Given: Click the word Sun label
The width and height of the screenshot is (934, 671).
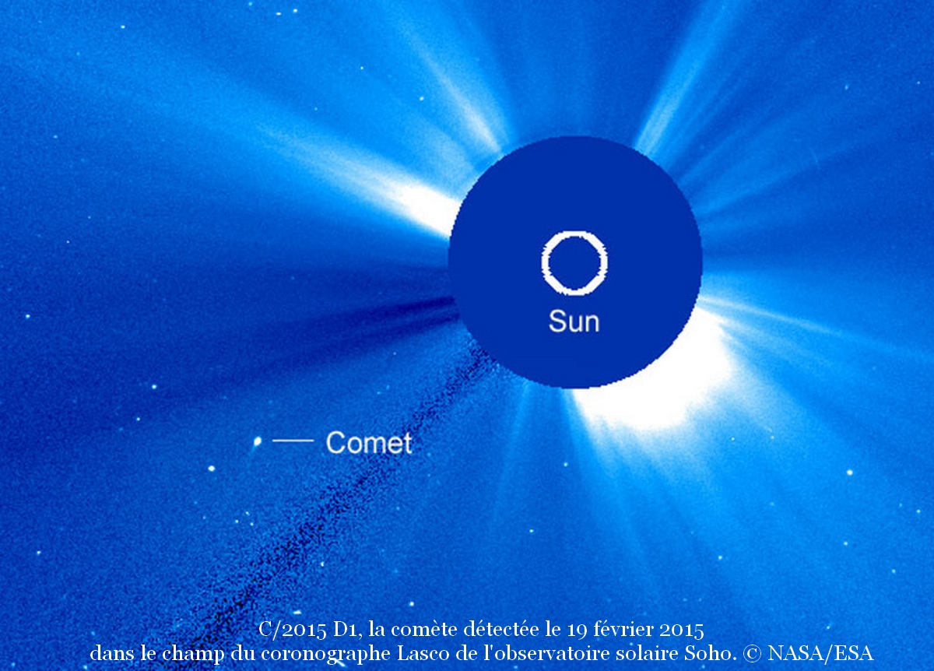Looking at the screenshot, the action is coord(574,321).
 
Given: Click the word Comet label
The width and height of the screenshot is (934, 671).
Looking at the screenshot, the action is coord(369,442).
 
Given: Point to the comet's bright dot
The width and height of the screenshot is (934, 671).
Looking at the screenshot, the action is coord(258,441).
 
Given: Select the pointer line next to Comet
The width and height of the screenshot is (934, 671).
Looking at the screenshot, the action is coord(293,440).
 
